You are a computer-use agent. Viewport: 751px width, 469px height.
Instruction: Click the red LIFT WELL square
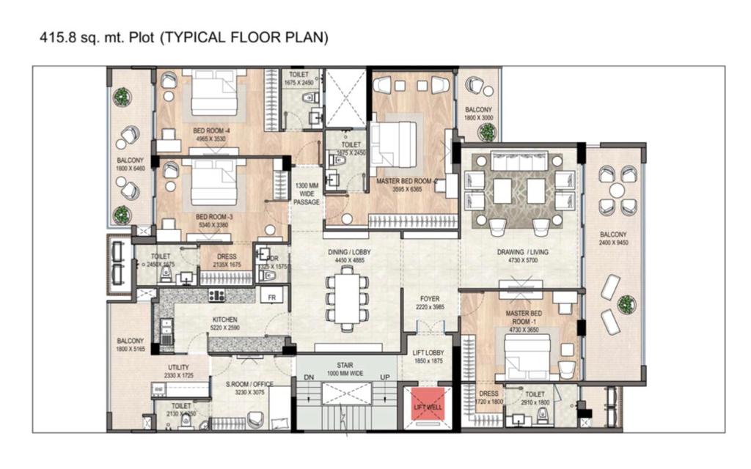point(425,406)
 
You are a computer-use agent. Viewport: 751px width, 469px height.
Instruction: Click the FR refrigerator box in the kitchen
point(272,295)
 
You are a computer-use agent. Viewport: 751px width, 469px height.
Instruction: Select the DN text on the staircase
point(309,379)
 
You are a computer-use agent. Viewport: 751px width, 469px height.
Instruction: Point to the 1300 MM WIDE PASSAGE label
point(307,193)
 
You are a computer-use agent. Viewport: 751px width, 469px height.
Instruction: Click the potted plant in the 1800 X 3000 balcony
point(486,131)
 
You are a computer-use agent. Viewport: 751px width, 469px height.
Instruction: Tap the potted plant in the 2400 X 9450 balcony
point(626,303)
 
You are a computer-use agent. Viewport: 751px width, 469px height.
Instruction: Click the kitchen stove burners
point(217,295)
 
